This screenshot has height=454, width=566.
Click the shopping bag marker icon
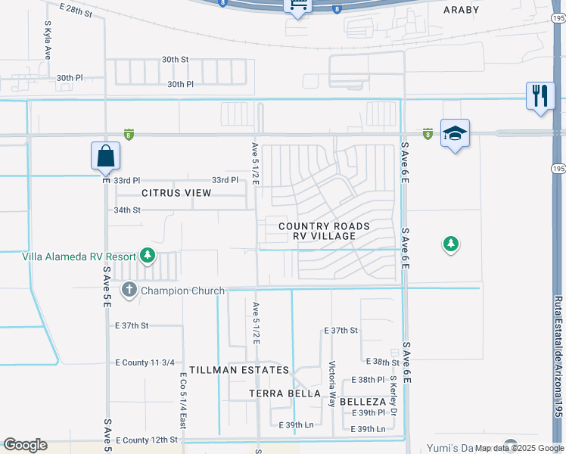point(106,156)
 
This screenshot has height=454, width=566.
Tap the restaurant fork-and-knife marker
point(540,96)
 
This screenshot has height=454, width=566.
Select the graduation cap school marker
point(455,133)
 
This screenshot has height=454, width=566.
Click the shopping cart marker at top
point(298,6)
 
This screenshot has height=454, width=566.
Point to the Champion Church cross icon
point(129,290)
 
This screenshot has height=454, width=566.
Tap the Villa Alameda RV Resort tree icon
point(148,256)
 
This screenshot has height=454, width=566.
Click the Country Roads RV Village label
point(324,231)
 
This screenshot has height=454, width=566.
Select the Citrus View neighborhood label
point(176,193)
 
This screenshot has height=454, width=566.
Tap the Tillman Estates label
point(239,370)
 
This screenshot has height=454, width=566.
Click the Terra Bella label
point(285,393)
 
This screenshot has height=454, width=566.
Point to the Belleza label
point(362,401)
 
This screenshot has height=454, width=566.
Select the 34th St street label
point(127,210)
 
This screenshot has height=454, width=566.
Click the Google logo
point(25,445)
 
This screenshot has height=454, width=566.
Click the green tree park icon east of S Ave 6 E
point(451,244)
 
